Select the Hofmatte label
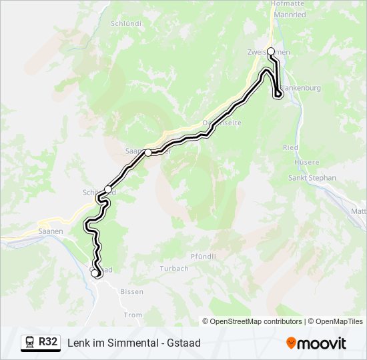click(x=287, y=3)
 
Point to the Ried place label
click(x=290, y=147)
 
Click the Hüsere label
click(x=306, y=162)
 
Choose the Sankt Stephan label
click(x=312, y=178)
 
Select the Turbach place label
click(x=174, y=269)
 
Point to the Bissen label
click(x=131, y=292)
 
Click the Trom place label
click(x=133, y=315)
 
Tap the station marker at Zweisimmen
click(x=271, y=51)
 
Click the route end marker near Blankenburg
click(x=278, y=95)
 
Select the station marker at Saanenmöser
click(x=148, y=152)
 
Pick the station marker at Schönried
click(x=108, y=189)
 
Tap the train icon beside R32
click(x=30, y=342)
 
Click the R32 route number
click(x=47, y=342)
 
